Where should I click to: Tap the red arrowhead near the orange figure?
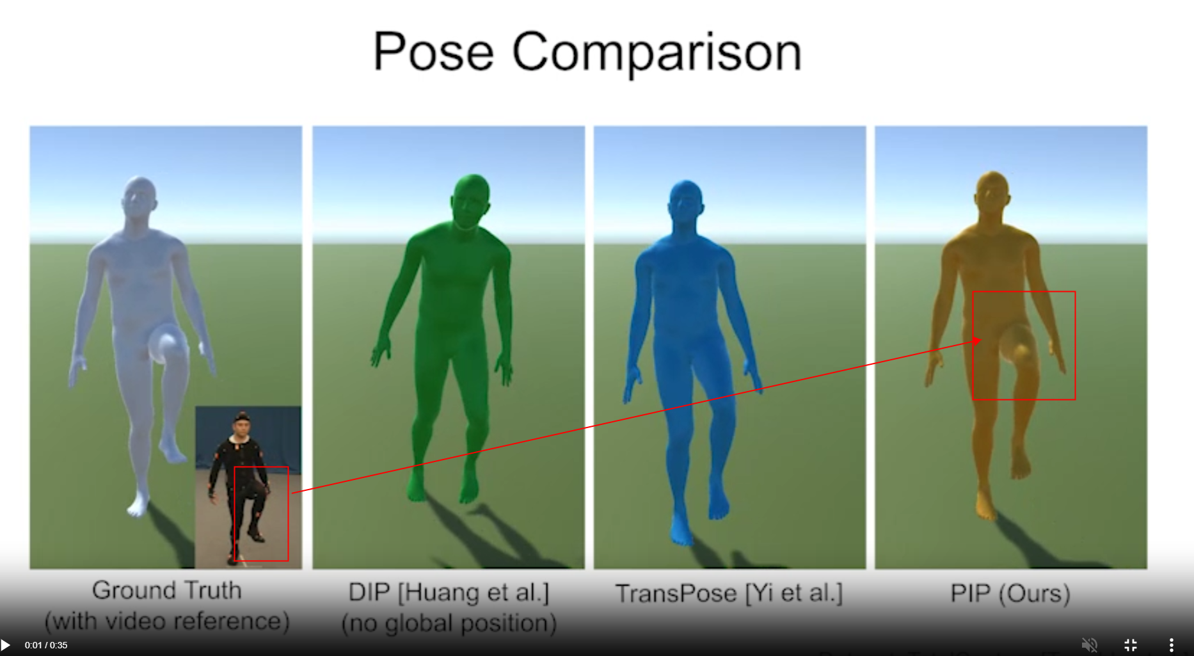[x=976, y=340]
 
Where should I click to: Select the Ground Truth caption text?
[x=167, y=591]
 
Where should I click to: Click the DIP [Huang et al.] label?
[x=449, y=592]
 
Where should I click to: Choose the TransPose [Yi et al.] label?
[x=729, y=593]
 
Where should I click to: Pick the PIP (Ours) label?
[x=1010, y=593]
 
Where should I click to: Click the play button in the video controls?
[x=6, y=644]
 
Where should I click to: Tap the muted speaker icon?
[x=1089, y=644]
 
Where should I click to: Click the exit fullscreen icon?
[x=1131, y=644]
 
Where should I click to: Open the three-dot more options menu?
[x=1172, y=644]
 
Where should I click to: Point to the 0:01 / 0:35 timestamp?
[x=46, y=645]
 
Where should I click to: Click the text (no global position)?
[x=449, y=623]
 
